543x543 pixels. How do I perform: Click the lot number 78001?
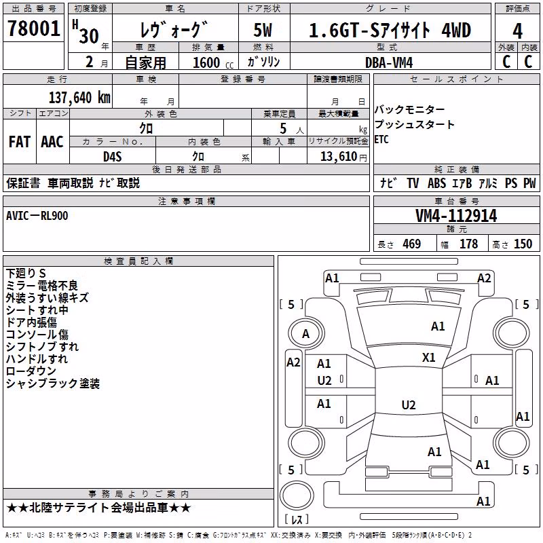(34, 29)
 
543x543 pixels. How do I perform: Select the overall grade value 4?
(517, 31)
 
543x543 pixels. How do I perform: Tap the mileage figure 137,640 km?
(79, 98)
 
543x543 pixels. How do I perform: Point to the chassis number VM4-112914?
(456, 216)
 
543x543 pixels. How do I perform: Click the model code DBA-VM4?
(389, 62)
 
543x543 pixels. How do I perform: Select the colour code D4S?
(113, 157)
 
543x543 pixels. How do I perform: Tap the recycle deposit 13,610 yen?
(343, 157)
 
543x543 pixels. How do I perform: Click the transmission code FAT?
(20, 142)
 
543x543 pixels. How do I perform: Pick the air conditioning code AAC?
(52, 142)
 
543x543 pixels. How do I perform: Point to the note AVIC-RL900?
(37, 216)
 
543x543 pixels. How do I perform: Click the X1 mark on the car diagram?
(429, 358)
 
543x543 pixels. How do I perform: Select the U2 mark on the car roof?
(409, 405)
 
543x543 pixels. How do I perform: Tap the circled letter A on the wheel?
(306, 334)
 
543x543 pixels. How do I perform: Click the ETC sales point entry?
(381, 140)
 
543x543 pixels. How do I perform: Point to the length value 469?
(412, 244)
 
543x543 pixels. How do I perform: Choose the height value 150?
(523, 244)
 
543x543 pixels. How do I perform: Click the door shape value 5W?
(263, 30)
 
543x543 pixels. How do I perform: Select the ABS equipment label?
(436, 183)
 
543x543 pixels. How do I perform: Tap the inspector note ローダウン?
(31, 371)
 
